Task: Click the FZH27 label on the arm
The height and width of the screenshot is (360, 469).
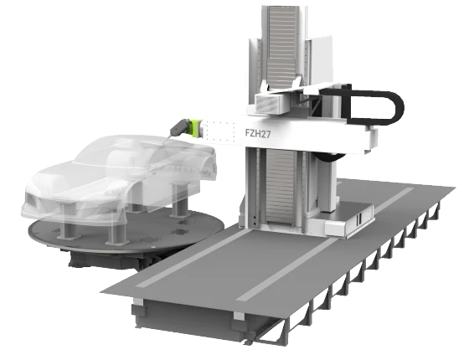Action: point(258,133)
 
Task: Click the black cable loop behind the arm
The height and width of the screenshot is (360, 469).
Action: point(374,107)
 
